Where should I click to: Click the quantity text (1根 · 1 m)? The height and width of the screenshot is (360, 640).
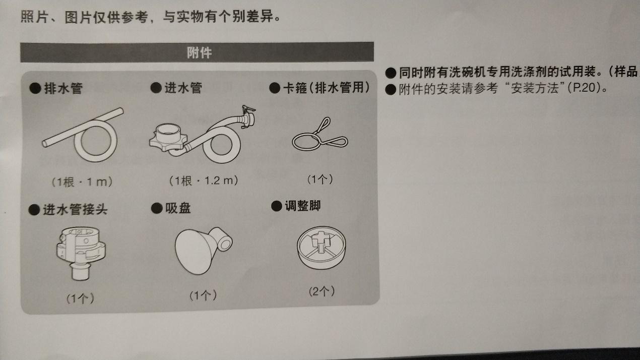(x=82, y=182)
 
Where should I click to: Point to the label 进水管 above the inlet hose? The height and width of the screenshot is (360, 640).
(x=182, y=88)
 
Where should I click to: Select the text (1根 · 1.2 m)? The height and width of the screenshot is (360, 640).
(x=204, y=180)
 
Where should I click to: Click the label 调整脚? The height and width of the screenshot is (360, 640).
(x=302, y=206)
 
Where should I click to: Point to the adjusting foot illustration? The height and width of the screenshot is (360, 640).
(x=321, y=247)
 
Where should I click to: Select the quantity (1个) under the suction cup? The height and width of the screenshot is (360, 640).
(x=203, y=295)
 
